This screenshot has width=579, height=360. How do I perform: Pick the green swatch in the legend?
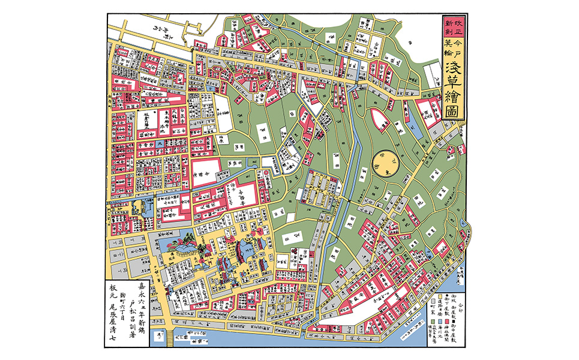pos(433,322)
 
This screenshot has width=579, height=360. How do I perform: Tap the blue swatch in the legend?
pos(440,322)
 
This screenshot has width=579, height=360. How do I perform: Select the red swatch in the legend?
pos(447,322)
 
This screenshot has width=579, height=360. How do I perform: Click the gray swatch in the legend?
pos(433,301)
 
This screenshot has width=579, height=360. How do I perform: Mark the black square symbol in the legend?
pos(454,322)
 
